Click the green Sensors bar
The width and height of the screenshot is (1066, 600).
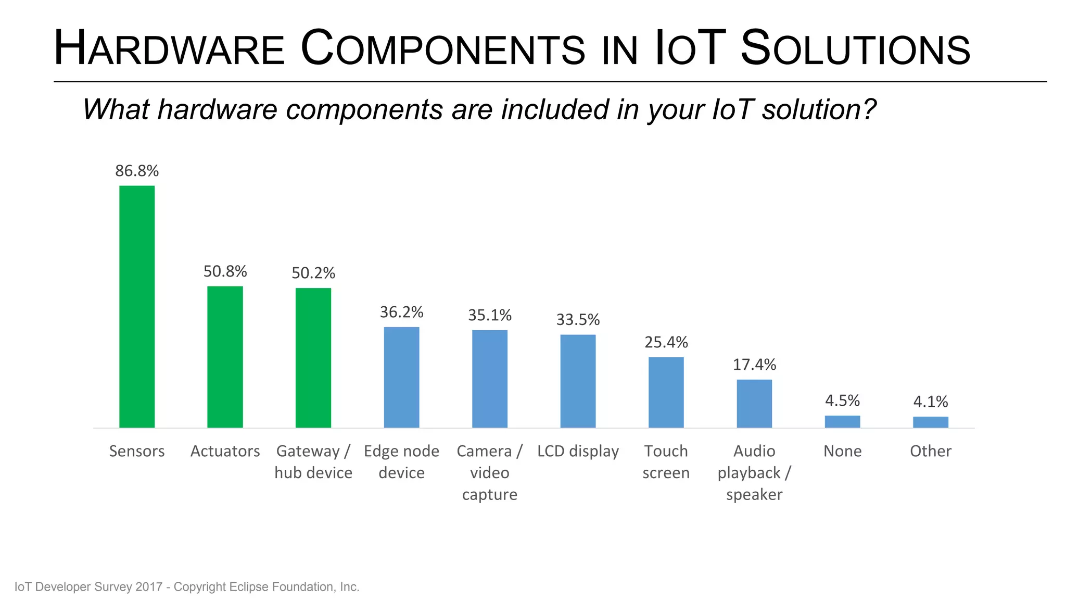137,307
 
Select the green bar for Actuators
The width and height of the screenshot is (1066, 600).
225,357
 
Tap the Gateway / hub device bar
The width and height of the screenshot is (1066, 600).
313,358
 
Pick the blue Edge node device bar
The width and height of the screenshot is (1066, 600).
401,377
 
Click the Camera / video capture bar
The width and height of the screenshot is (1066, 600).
490,379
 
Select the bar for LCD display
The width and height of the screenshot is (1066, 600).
578,381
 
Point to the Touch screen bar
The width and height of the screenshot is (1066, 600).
666,392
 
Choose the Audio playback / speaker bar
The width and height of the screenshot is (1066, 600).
754,404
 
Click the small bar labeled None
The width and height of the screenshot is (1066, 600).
842,421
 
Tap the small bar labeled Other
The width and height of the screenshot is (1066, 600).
931,422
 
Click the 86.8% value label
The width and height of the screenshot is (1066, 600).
137,171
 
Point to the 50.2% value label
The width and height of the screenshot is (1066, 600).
313,273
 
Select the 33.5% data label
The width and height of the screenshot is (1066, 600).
578,319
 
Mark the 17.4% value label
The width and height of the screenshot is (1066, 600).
754,364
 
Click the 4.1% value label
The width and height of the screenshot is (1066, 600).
931,402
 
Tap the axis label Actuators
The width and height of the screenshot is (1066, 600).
225,451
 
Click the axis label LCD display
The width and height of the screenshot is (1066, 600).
578,451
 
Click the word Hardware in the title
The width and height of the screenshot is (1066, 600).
169,48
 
